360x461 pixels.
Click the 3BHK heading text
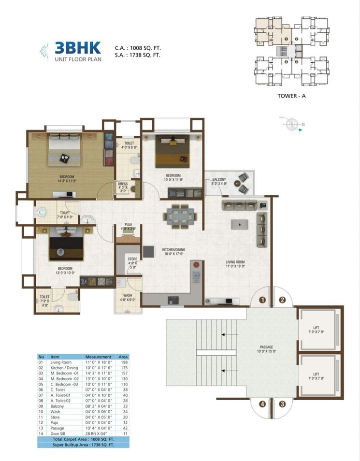click(77, 47)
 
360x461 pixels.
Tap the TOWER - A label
click(292, 95)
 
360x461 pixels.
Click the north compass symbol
click(291, 125)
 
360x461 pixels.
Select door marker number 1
click(263, 300)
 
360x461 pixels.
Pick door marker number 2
click(282, 300)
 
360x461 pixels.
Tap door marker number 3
click(282, 404)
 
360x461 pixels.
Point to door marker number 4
click(263, 404)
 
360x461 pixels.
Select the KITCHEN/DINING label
click(173, 250)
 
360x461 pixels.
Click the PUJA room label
click(128, 225)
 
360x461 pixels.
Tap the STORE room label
click(132, 259)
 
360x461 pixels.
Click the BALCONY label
click(219, 180)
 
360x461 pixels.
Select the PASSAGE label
click(267, 347)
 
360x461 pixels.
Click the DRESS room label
click(123, 184)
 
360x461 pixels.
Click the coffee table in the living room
click(240, 224)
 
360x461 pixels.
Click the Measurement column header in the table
click(98, 357)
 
